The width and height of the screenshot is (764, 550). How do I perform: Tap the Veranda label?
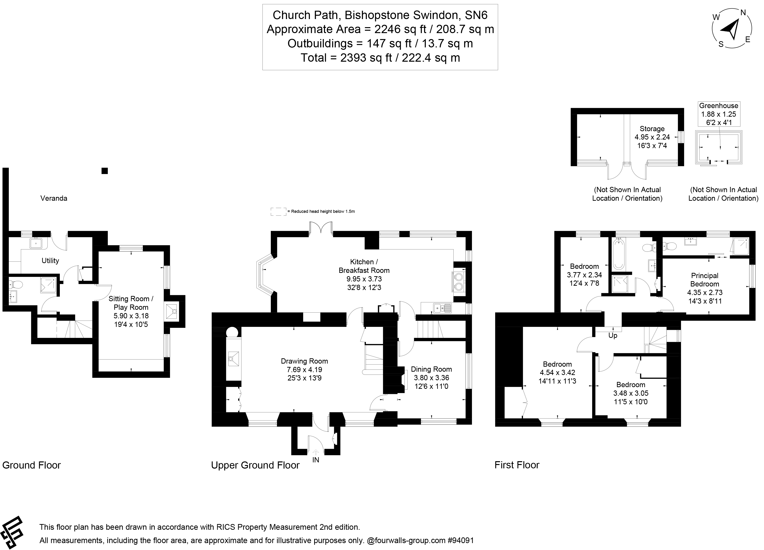click(54, 198)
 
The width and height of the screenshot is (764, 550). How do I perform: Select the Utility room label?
click(50, 260)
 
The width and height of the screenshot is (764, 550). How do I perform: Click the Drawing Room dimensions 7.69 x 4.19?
click(304, 369)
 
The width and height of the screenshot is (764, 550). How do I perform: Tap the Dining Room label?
click(431, 369)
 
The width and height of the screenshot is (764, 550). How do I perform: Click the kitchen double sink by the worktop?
click(442, 307)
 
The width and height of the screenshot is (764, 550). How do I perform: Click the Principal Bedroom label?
click(704, 280)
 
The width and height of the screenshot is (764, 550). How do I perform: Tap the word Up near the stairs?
click(613, 335)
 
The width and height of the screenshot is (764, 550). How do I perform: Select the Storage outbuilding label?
click(652, 129)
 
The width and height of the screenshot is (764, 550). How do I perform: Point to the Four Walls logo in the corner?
click(12, 533)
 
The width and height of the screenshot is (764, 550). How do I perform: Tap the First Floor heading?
click(517, 465)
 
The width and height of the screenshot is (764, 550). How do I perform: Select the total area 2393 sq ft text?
click(380, 58)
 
